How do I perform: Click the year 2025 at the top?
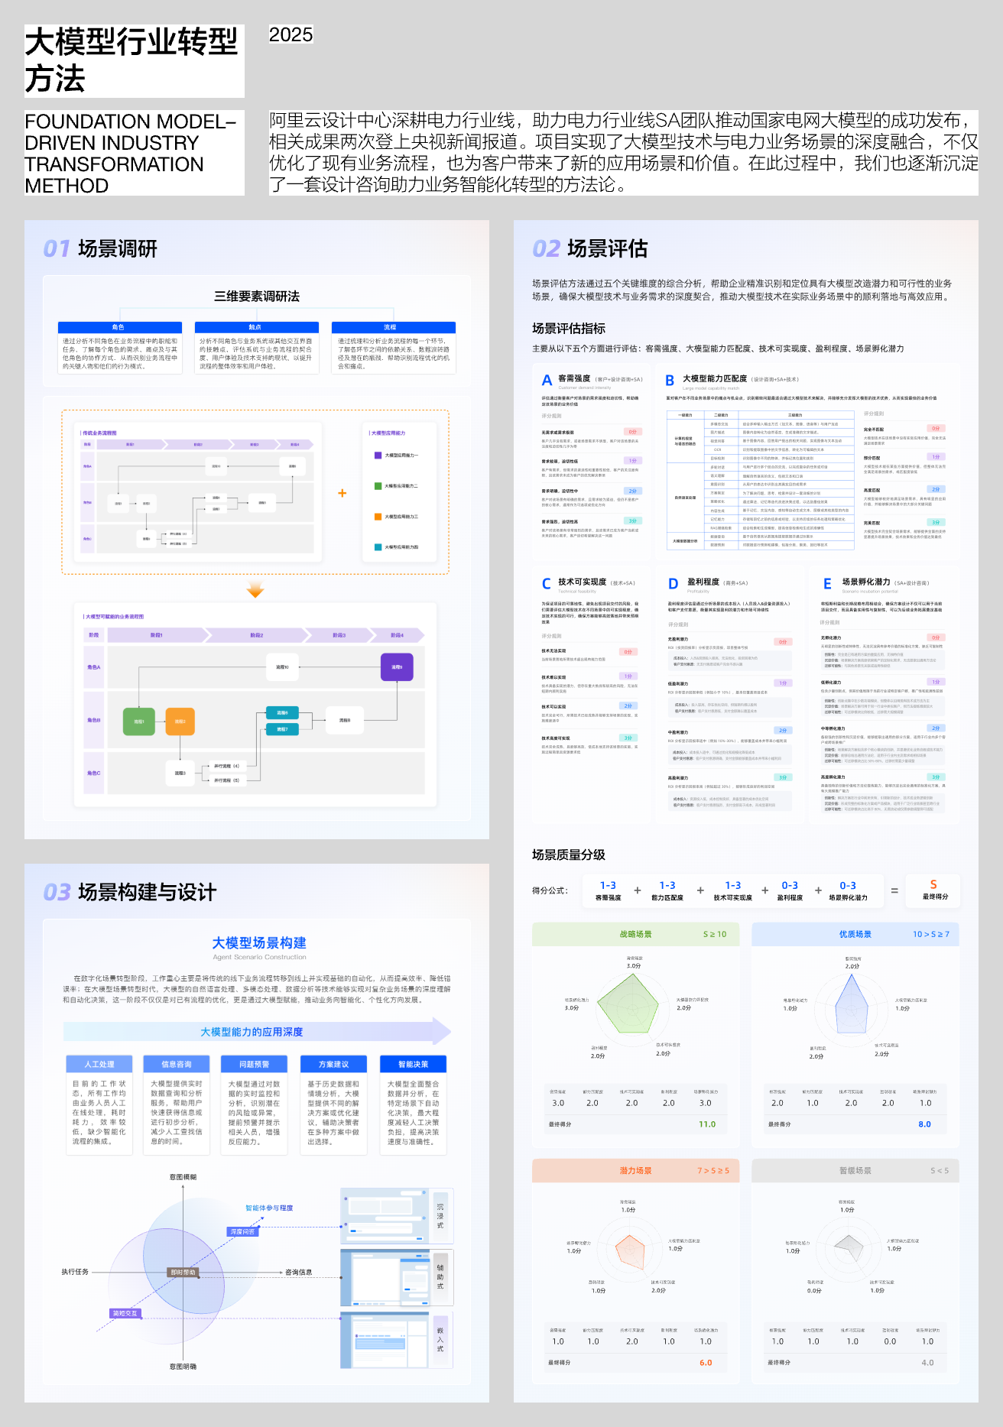coord(291,34)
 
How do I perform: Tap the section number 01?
coord(56,248)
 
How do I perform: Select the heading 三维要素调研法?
coord(257,297)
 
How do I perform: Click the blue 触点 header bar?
coord(256,327)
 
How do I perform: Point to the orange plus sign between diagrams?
coord(342,493)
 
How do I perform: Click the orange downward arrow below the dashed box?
coord(255,590)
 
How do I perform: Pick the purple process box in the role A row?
coord(397,667)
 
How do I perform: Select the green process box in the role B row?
coord(139,721)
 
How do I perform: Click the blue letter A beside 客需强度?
coord(547,381)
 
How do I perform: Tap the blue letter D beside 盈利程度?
coord(673,584)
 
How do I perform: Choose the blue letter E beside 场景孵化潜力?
coord(827,584)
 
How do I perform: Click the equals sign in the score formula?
coord(894,890)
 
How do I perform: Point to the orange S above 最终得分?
coord(933,884)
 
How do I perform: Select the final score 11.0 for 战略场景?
coord(707,1124)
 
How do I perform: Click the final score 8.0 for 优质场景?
coord(925,1124)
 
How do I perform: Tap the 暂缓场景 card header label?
coord(855,1171)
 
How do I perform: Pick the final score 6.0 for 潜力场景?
coord(706,1363)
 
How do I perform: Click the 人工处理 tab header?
coord(99,1064)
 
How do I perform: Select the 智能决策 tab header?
coord(413,1064)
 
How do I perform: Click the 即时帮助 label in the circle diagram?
coord(183,1273)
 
